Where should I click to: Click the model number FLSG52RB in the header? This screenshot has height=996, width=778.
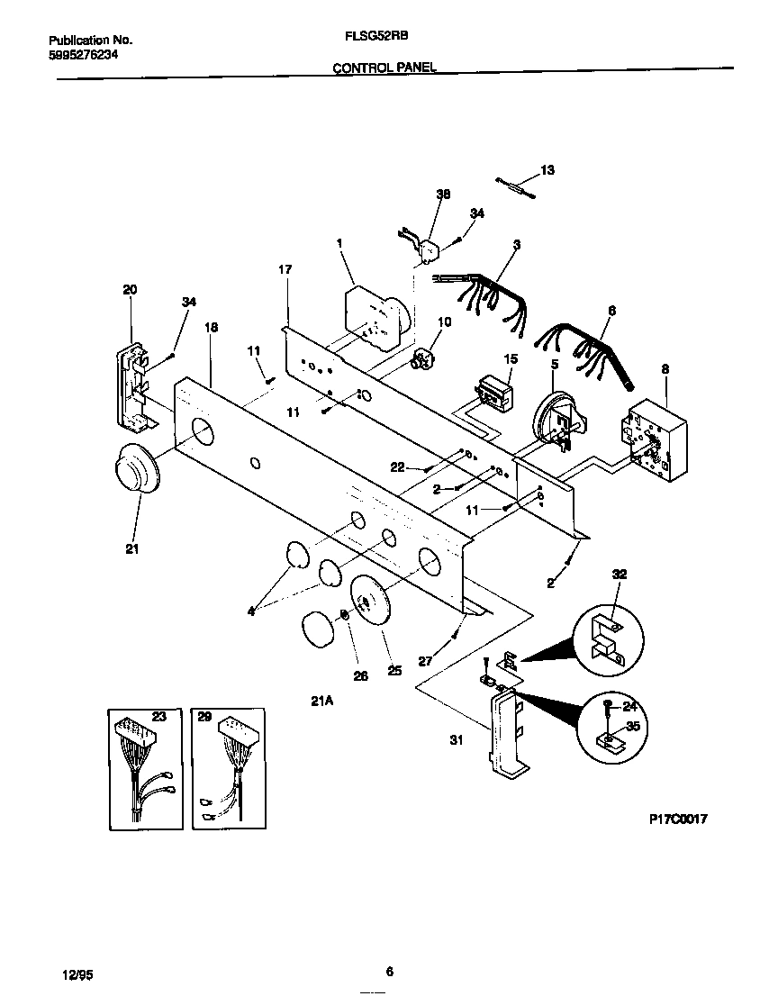tap(365, 40)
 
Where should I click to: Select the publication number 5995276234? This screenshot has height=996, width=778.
tap(82, 55)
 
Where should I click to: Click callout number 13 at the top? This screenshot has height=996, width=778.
tap(547, 170)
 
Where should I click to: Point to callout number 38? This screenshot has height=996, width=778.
tap(442, 195)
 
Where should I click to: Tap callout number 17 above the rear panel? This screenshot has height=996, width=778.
tap(285, 269)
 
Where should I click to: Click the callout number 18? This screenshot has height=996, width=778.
tap(211, 328)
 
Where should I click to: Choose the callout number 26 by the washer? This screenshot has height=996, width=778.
tap(360, 675)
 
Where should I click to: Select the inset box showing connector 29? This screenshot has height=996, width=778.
tap(230, 765)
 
